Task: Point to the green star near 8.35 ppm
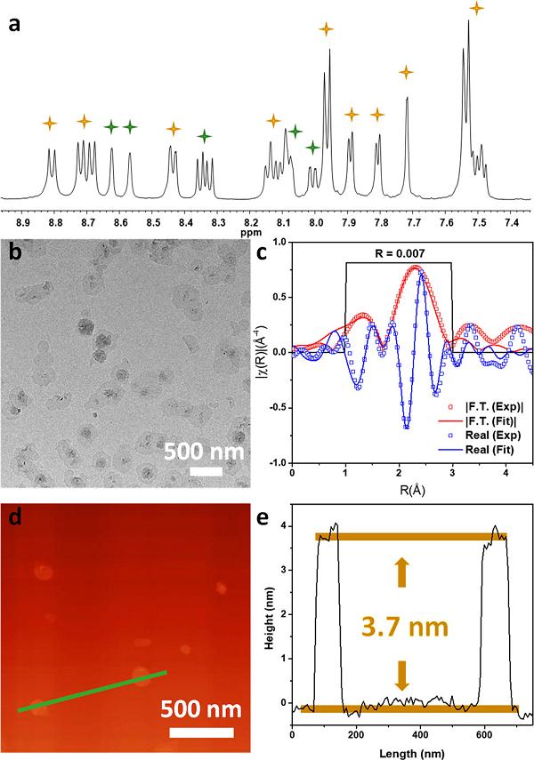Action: click(x=204, y=136)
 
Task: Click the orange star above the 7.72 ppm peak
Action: click(x=406, y=71)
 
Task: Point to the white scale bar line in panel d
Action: click(x=201, y=732)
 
